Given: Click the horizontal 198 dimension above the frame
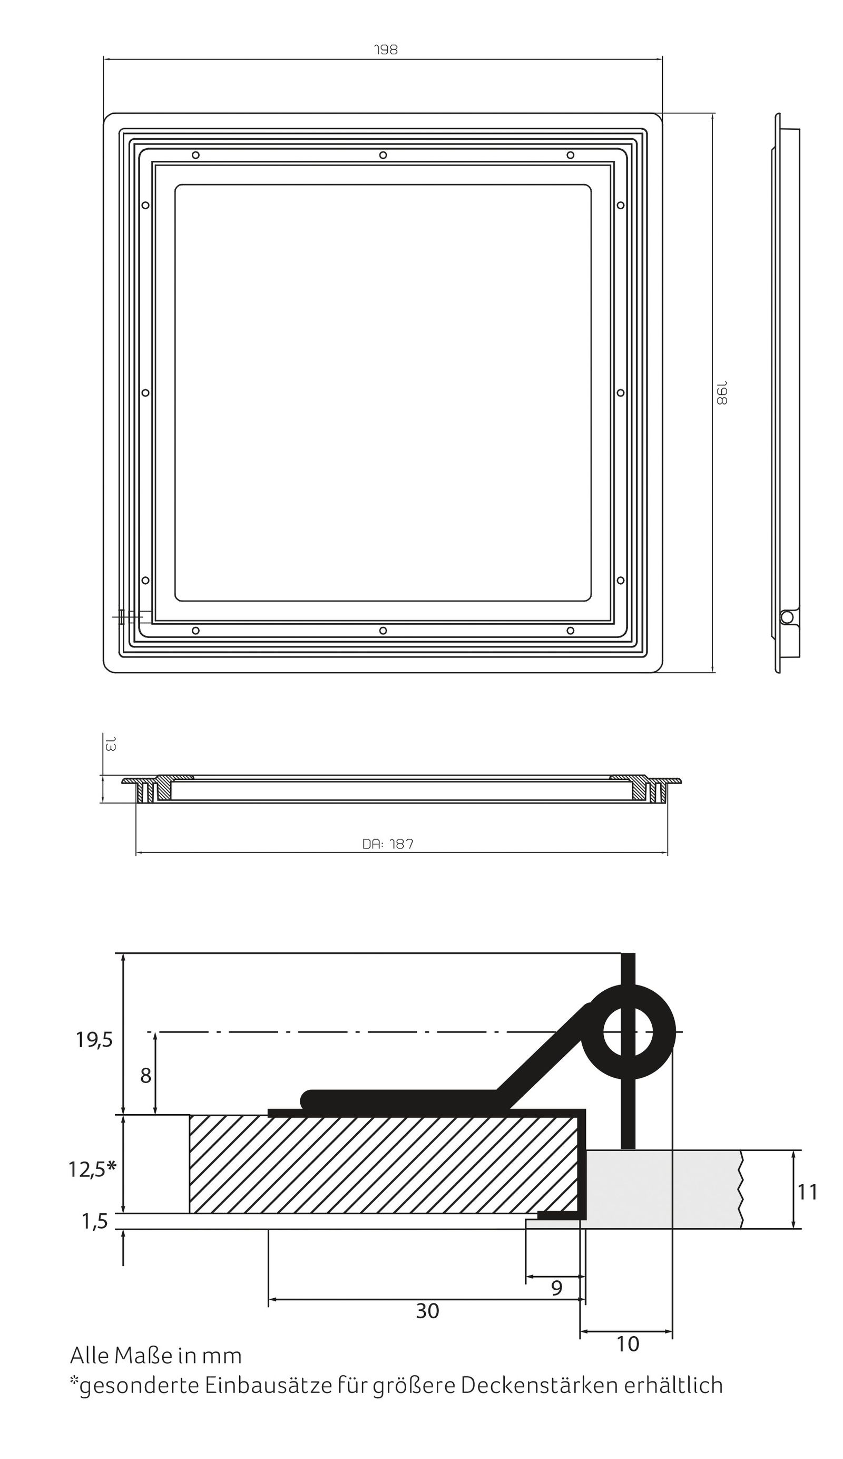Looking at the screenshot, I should click(x=386, y=50).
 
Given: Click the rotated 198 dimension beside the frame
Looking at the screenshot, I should click(x=721, y=392).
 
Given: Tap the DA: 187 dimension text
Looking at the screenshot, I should click(x=388, y=844).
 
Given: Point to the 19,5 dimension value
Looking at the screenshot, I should click(x=94, y=1040).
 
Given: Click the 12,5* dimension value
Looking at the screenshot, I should click(x=92, y=1169).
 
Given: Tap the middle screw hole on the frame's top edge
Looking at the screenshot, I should click(x=383, y=155).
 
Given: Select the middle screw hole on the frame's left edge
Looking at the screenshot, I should click(x=145, y=392).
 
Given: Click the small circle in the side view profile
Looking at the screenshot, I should click(x=786, y=617).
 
